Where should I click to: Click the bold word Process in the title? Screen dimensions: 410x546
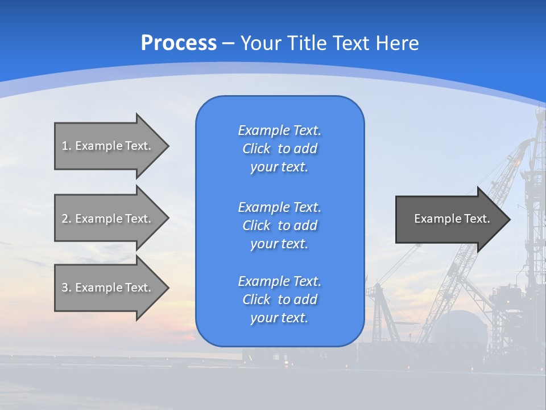click(179, 43)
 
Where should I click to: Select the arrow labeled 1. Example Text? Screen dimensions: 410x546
click(108, 146)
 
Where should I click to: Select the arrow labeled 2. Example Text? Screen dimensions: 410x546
click(108, 219)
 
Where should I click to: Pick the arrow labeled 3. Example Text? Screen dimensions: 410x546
click(108, 288)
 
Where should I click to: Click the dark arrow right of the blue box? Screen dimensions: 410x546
click(449, 219)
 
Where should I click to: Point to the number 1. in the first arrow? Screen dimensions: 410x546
click(67, 146)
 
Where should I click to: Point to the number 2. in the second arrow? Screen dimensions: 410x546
click(67, 219)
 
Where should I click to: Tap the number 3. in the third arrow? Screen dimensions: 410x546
click(67, 288)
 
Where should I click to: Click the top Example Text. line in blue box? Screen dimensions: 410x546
click(279, 130)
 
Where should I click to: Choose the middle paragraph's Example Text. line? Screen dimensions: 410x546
click(279, 207)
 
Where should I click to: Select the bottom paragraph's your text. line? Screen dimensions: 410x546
click(279, 318)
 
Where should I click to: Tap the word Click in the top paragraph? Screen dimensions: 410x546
click(256, 149)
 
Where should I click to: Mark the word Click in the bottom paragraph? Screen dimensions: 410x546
click(256, 300)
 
